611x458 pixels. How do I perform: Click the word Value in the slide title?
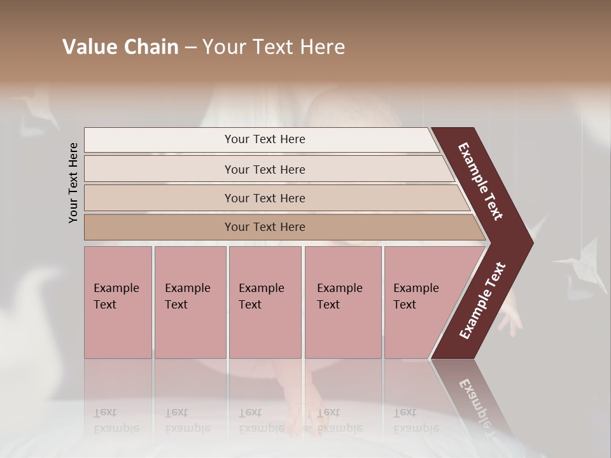pyautogui.click(x=88, y=46)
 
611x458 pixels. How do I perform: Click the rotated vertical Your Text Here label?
pyautogui.click(x=74, y=183)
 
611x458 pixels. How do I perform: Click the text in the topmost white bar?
pyautogui.click(x=265, y=139)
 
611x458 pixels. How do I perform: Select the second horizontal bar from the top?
pyautogui.click(x=265, y=169)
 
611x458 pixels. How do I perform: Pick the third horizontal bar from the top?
pyautogui.click(x=265, y=198)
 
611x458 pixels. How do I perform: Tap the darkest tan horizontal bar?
pyautogui.click(x=265, y=227)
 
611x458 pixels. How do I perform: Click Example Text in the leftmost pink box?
pyautogui.click(x=116, y=296)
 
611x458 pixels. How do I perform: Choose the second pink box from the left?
pyautogui.click(x=190, y=302)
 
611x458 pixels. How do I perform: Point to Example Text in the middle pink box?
pyautogui.click(x=261, y=296)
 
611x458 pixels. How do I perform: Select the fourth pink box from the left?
pyautogui.click(x=343, y=302)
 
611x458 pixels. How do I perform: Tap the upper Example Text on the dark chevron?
pyautogui.click(x=481, y=181)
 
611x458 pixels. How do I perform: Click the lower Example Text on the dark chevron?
pyautogui.click(x=482, y=301)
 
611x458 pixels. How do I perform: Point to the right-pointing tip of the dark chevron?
pyautogui.click(x=530, y=243)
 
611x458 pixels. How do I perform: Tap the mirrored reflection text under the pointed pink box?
pyautogui.click(x=405, y=420)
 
